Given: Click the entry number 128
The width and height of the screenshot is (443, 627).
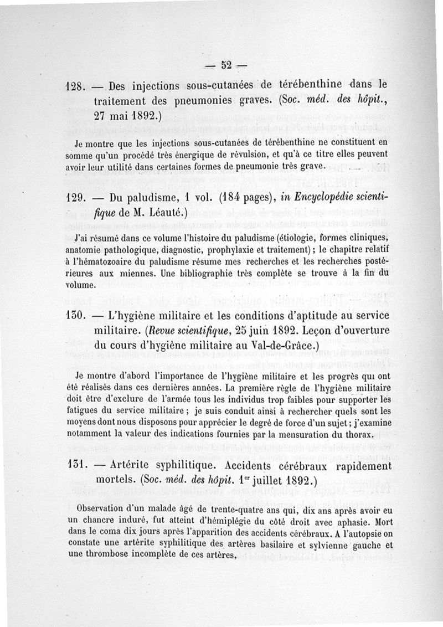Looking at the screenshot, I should click(75, 87).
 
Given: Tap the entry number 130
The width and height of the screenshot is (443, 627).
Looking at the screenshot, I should click(75, 316).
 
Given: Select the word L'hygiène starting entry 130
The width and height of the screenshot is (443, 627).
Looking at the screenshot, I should click(135, 316).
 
